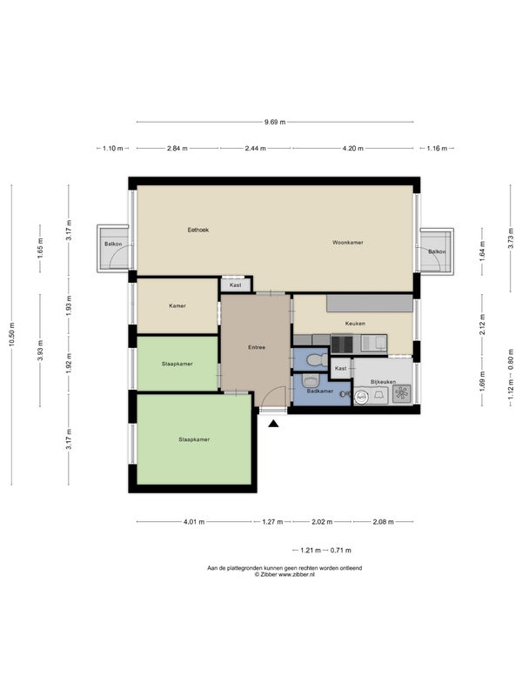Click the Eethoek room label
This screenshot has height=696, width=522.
[x=198, y=230]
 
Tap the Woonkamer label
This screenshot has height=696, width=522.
[x=348, y=243]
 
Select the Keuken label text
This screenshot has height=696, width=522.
[x=355, y=324]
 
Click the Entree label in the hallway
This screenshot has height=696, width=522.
[x=257, y=347]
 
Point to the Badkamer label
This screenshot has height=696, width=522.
[x=320, y=391]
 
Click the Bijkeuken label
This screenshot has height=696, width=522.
[x=383, y=382]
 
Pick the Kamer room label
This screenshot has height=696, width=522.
[x=177, y=306]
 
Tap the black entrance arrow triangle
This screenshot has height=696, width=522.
[x=273, y=424]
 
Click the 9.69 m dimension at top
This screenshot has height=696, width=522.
[x=275, y=122]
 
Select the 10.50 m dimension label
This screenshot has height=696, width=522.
[x=12, y=336]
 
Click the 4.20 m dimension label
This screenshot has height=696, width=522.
[x=353, y=149]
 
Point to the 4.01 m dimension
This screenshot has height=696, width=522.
[x=194, y=522]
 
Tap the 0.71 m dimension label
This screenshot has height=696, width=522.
[x=340, y=551]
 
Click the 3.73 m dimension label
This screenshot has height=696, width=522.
[x=511, y=240]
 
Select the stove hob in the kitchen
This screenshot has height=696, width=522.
[x=342, y=344]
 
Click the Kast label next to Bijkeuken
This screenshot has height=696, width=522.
[x=341, y=368]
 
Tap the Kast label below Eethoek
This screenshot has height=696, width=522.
[x=236, y=285]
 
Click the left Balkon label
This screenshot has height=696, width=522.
[x=113, y=244]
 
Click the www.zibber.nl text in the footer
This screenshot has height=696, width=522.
[x=297, y=574]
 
